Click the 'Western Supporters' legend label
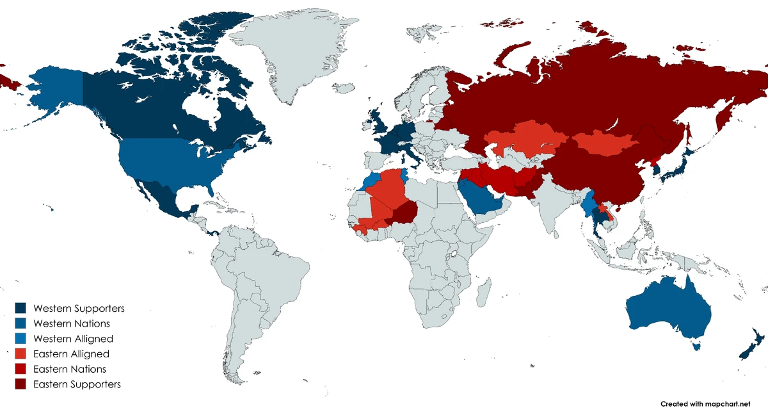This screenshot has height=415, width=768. click(79, 308)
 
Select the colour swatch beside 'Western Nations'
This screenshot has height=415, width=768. click(21, 323)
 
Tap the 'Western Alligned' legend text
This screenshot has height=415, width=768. click(73, 339)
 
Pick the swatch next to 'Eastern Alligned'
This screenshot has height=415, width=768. click(21, 354)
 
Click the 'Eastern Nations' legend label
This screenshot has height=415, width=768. click(70, 369)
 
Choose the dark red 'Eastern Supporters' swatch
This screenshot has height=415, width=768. click(21, 384)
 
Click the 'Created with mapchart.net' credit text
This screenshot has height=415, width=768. click(705, 404)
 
